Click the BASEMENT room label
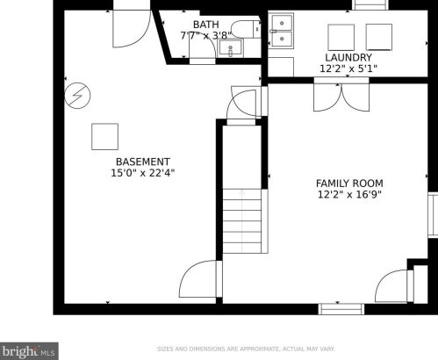pos(143,162)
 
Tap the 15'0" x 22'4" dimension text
pos(143,173)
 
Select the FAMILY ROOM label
pos(349,184)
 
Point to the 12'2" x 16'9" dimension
pos(349,194)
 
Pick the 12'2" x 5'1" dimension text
pos(348,68)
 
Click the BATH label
pos(205,25)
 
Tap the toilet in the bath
pos(246,29)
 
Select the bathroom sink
pos(231,48)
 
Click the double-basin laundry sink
pos(282,31)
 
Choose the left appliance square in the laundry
pos(341,38)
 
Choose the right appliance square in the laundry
pos(379,37)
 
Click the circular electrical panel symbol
pos(77,96)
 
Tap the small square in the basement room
pos(105,137)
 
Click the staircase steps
pos(242,221)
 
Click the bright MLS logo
pos(29,351)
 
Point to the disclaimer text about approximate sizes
pos(246,349)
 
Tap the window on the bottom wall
pos(341,309)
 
